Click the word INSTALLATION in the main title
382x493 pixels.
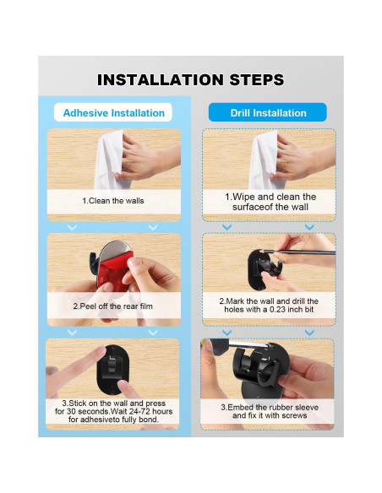click(161, 80)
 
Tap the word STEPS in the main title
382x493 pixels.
click(256, 80)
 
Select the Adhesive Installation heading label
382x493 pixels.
click(113, 113)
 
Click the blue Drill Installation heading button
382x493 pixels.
click(268, 113)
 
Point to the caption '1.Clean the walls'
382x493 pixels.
click(113, 201)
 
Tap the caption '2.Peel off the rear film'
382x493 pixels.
click(112, 306)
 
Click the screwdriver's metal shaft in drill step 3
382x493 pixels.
click(248, 344)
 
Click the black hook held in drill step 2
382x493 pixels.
click(270, 267)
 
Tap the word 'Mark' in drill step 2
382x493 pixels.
click(235, 301)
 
